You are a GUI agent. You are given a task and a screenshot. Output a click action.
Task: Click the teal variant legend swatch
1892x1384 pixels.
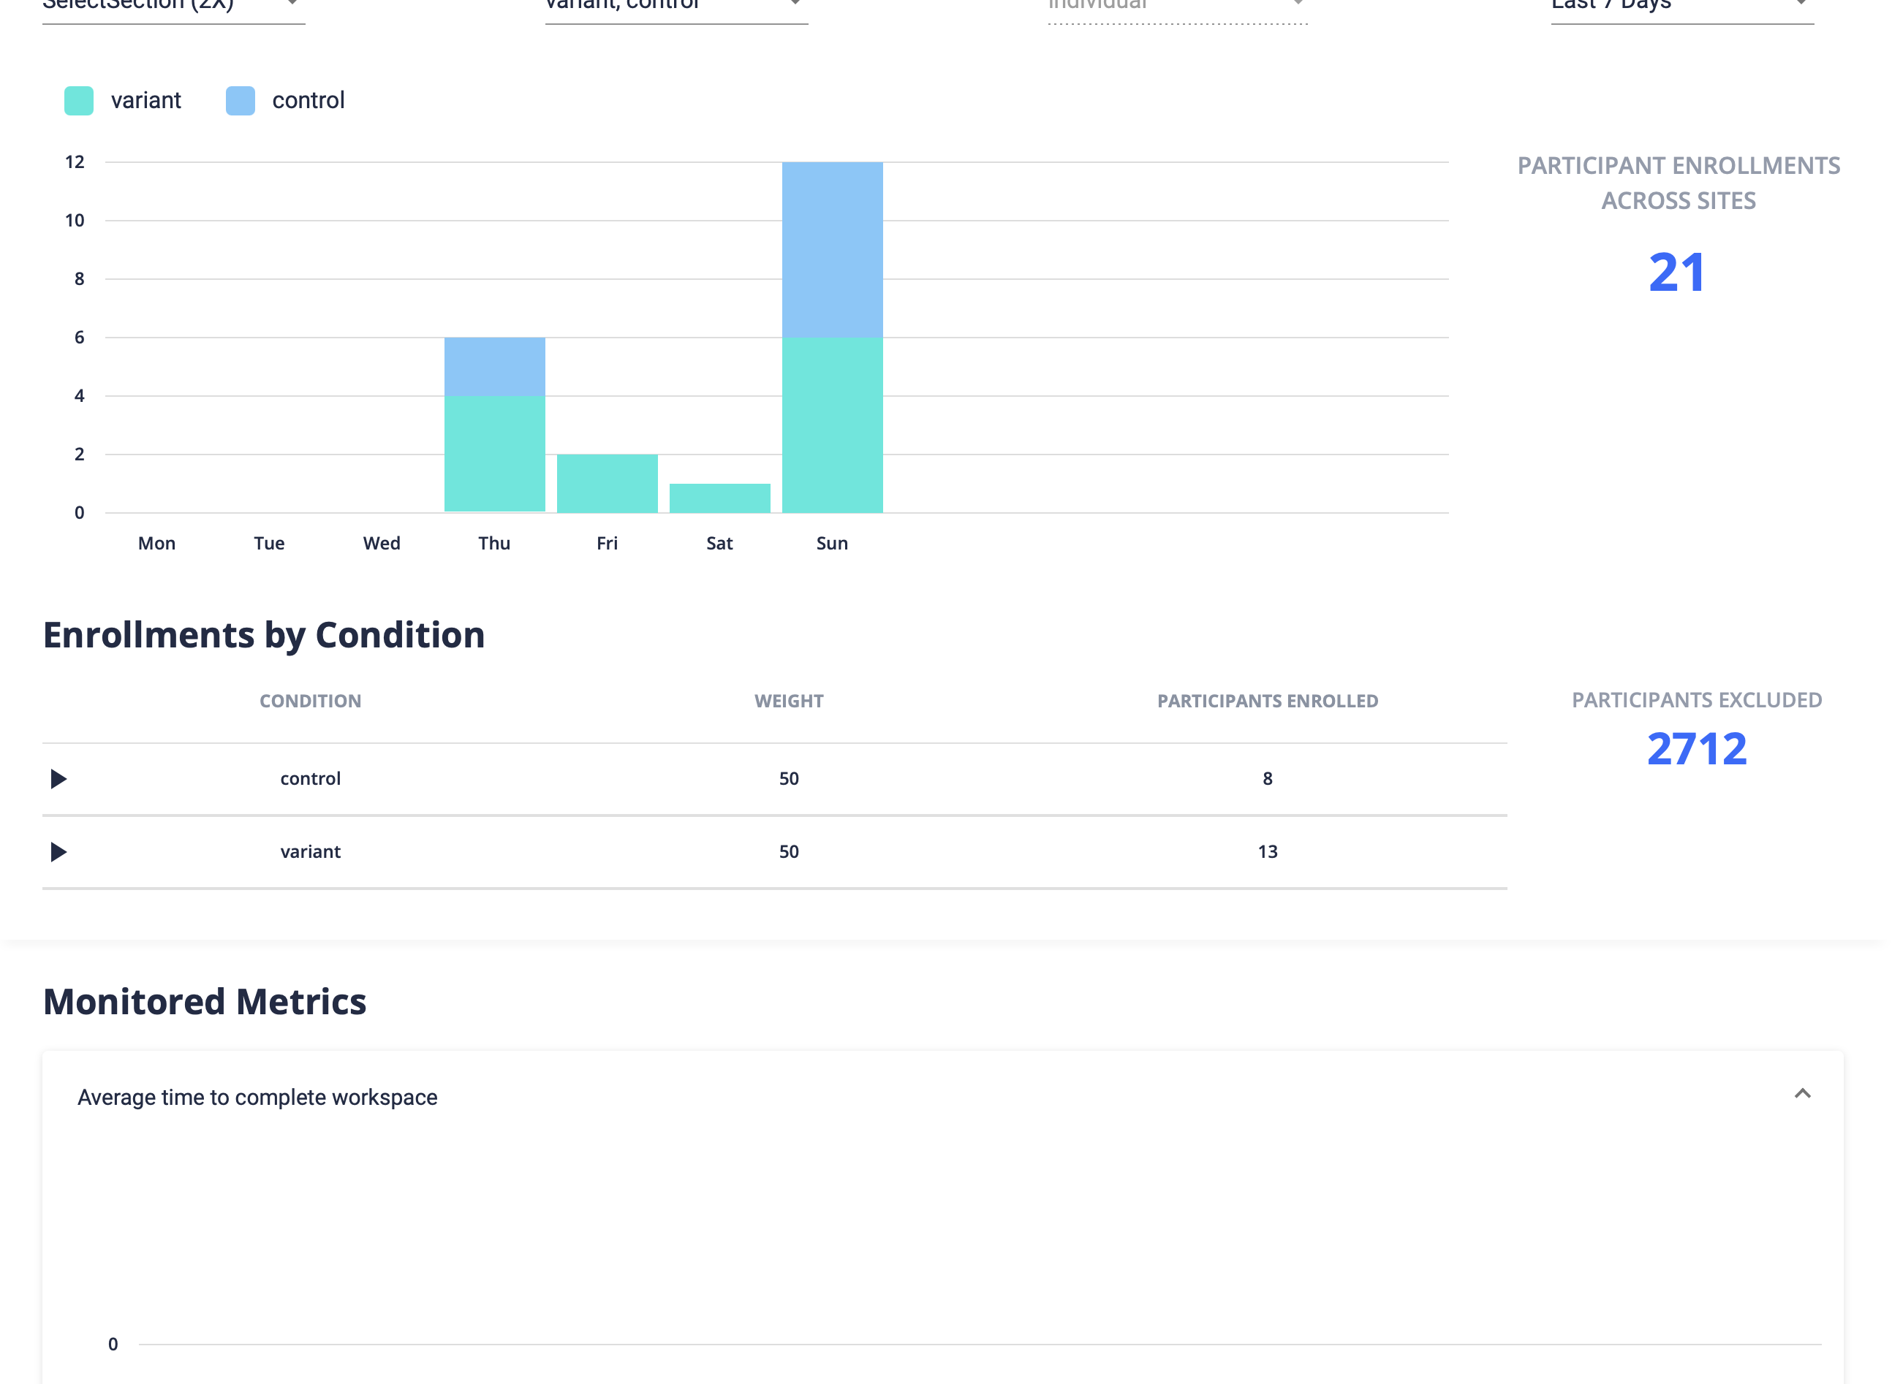79,101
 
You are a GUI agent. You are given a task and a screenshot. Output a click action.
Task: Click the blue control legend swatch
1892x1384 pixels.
241,101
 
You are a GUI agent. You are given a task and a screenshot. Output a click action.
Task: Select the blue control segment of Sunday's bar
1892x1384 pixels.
832,250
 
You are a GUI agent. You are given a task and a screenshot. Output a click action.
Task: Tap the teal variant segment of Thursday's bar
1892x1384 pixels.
494,453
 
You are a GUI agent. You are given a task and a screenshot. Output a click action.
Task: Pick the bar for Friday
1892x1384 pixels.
607,484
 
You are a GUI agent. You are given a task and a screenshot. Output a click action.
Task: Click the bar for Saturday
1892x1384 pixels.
719,498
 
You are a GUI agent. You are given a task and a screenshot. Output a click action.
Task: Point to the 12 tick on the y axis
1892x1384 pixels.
75,162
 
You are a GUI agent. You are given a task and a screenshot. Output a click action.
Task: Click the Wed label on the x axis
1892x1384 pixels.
381,543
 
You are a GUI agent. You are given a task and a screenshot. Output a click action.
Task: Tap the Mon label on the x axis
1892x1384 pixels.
156,543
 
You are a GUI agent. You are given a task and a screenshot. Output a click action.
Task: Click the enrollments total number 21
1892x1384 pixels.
1676,273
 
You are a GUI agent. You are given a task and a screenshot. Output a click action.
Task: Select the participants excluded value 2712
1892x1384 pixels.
1697,749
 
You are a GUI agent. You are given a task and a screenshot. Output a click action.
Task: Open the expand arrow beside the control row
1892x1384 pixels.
58,779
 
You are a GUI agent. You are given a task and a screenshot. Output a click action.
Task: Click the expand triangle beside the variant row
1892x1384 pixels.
58,852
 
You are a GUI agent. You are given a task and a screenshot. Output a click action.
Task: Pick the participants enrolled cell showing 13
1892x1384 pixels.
1267,852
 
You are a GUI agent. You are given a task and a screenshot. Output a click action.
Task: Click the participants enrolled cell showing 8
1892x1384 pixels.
1267,779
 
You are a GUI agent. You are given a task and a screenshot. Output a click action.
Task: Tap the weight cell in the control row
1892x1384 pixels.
789,779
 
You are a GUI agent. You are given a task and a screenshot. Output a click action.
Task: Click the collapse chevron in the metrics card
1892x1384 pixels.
1802,1093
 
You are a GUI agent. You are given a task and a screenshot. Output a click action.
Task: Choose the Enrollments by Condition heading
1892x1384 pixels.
264,635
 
